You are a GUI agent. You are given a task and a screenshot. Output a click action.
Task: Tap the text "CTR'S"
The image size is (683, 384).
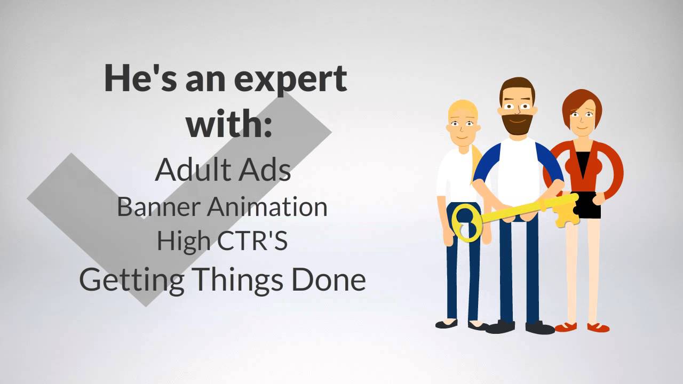253,241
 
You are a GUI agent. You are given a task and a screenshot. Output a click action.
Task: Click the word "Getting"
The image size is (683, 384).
133,280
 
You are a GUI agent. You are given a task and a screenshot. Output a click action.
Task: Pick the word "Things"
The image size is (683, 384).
240,279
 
